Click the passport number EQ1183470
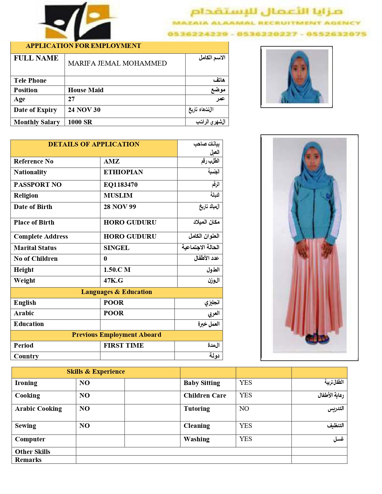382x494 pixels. click(120, 185)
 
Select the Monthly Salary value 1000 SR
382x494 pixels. click(80, 122)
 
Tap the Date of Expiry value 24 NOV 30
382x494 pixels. click(84, 110)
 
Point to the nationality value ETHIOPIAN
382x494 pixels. click(123, 172)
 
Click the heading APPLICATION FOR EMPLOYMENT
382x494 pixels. click(83, 46)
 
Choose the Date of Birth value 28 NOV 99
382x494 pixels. click(120, 207)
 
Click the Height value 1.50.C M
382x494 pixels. click(117, 270)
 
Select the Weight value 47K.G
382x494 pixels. click(113, 281)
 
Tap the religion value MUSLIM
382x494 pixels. click(118, 196)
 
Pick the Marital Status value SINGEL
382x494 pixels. click(117, 248)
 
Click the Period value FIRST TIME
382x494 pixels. click(123, 346)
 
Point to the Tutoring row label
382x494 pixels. click(197, 409)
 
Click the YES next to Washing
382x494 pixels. click(245, 439)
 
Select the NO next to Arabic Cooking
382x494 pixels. click(84, 409)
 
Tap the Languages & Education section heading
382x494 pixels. click(116, 292)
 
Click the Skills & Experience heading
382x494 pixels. click(96, 372)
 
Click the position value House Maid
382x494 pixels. click(86, 90)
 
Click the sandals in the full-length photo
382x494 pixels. click(317, 339)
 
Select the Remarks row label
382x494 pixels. click(28, 460)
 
